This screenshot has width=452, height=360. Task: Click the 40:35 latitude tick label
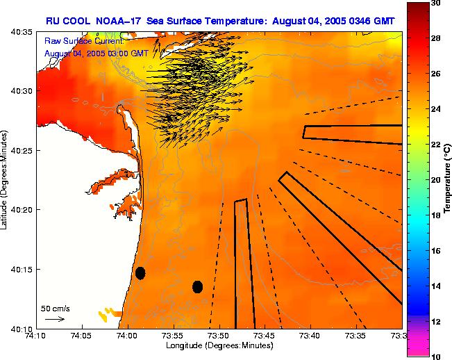click(x=22, y=32)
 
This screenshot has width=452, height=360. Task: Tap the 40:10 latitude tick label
click(x=22, y=329)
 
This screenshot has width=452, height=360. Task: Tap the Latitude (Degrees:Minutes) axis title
click(x=6, y=180)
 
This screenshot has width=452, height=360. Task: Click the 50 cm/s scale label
click(x=56, y=308)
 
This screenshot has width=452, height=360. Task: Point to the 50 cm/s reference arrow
click(x=56, y=319)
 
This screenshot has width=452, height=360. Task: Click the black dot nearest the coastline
click(x=140, y=272)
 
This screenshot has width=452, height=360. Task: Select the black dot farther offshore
click(x=197, y=286)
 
